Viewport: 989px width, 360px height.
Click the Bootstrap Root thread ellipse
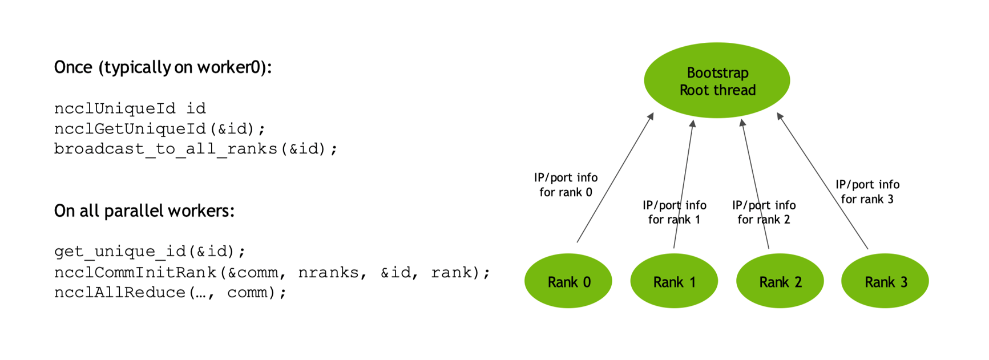click(717, 80)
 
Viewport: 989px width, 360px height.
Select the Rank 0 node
click(568, 281)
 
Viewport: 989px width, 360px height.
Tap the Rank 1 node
click(674, 281)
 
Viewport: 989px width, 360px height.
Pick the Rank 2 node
click(780, 281)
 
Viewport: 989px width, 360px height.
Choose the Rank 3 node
click(885, 281)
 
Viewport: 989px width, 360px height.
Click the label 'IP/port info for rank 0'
click(566, 185)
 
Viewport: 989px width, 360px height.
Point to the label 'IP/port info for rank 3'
click(867, 192)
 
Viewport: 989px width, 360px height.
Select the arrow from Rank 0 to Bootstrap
click(615, 177)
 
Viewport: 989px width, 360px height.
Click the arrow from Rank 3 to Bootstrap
click(822, 181)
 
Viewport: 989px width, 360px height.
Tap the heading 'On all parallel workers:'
click(144, 211)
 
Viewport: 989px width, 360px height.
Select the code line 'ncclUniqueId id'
click(130, 108)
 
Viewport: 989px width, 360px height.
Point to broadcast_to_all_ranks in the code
click(165, 149)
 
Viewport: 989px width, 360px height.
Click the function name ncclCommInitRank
click(136, 273)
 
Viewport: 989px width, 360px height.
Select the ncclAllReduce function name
click(120, 293)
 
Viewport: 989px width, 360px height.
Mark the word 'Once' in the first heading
click(73, 67)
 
